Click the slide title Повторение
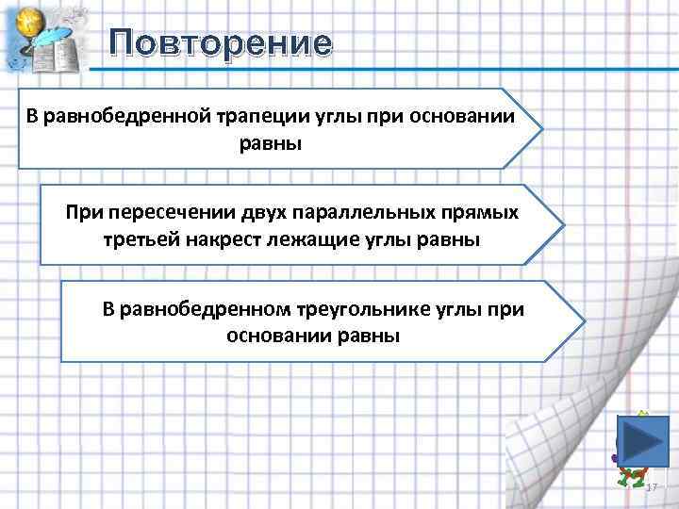[221, 43]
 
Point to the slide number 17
[651, 485]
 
